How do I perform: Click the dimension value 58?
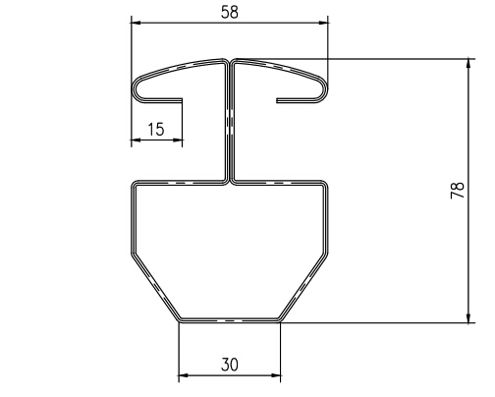pyautogui.click(x=230, y=13)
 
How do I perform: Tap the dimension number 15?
pyautogui.click(x=156, y=130)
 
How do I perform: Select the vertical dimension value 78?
pyautogui.click(x=458, y=190)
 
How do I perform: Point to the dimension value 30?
pyautogui.click(x=230, y=365)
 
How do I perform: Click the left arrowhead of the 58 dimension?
pyautogui.click(x=136, y=23)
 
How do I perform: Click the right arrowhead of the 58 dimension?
pyautogui.click(x=323, y=23)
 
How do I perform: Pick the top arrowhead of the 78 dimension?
pyautogui.click(x=468, y=64)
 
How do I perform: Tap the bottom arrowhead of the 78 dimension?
pyautogui.click(x=468, y=317)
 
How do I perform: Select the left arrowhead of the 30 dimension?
pyautogui.click(x=184, y=375)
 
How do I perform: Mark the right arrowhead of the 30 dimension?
pyautogui.click(x=276, y=375)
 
